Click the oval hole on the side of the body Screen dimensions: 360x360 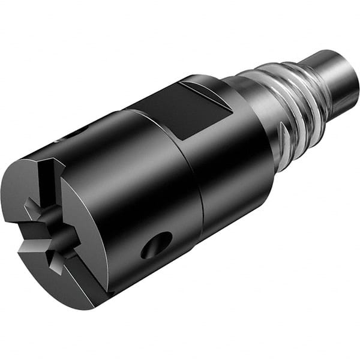click(157, 245)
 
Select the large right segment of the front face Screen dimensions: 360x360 click(84, 240)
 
